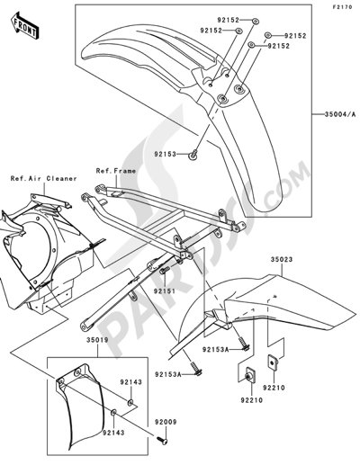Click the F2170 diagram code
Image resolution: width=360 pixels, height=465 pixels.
[340, 7]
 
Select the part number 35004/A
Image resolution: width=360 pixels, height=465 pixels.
[338, 114]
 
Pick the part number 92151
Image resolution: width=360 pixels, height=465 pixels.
[164, 292]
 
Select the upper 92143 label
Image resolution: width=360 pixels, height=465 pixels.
[133, 380]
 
